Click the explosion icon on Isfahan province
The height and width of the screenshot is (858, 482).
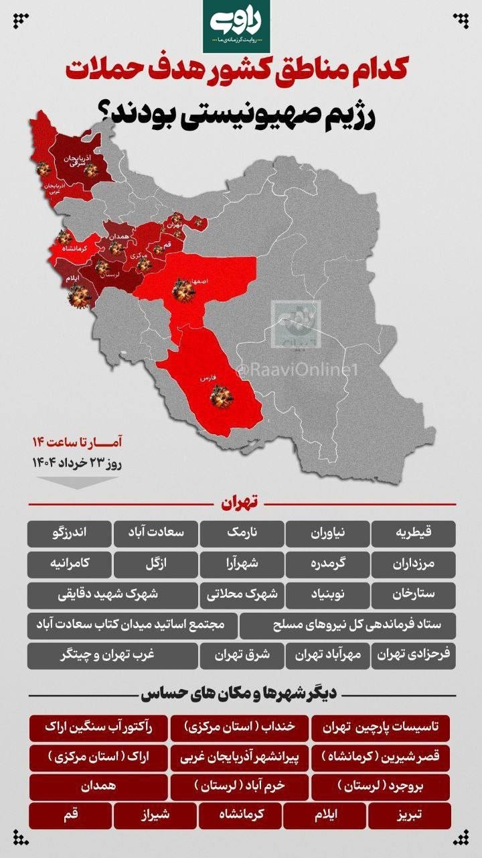pos(182,290)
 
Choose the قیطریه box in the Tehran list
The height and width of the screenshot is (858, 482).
pos(413,534)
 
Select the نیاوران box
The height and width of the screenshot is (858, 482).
pos(327,534)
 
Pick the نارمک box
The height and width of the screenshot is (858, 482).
pos(242,534)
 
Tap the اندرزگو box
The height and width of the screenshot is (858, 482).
pos(70,534)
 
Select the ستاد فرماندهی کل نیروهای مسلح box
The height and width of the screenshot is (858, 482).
pos(347,625)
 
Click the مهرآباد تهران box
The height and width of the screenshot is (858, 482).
pos(327,656)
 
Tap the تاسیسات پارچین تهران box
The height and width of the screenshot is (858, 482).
pos(381,727)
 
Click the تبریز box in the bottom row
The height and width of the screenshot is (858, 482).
pos(409,816)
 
